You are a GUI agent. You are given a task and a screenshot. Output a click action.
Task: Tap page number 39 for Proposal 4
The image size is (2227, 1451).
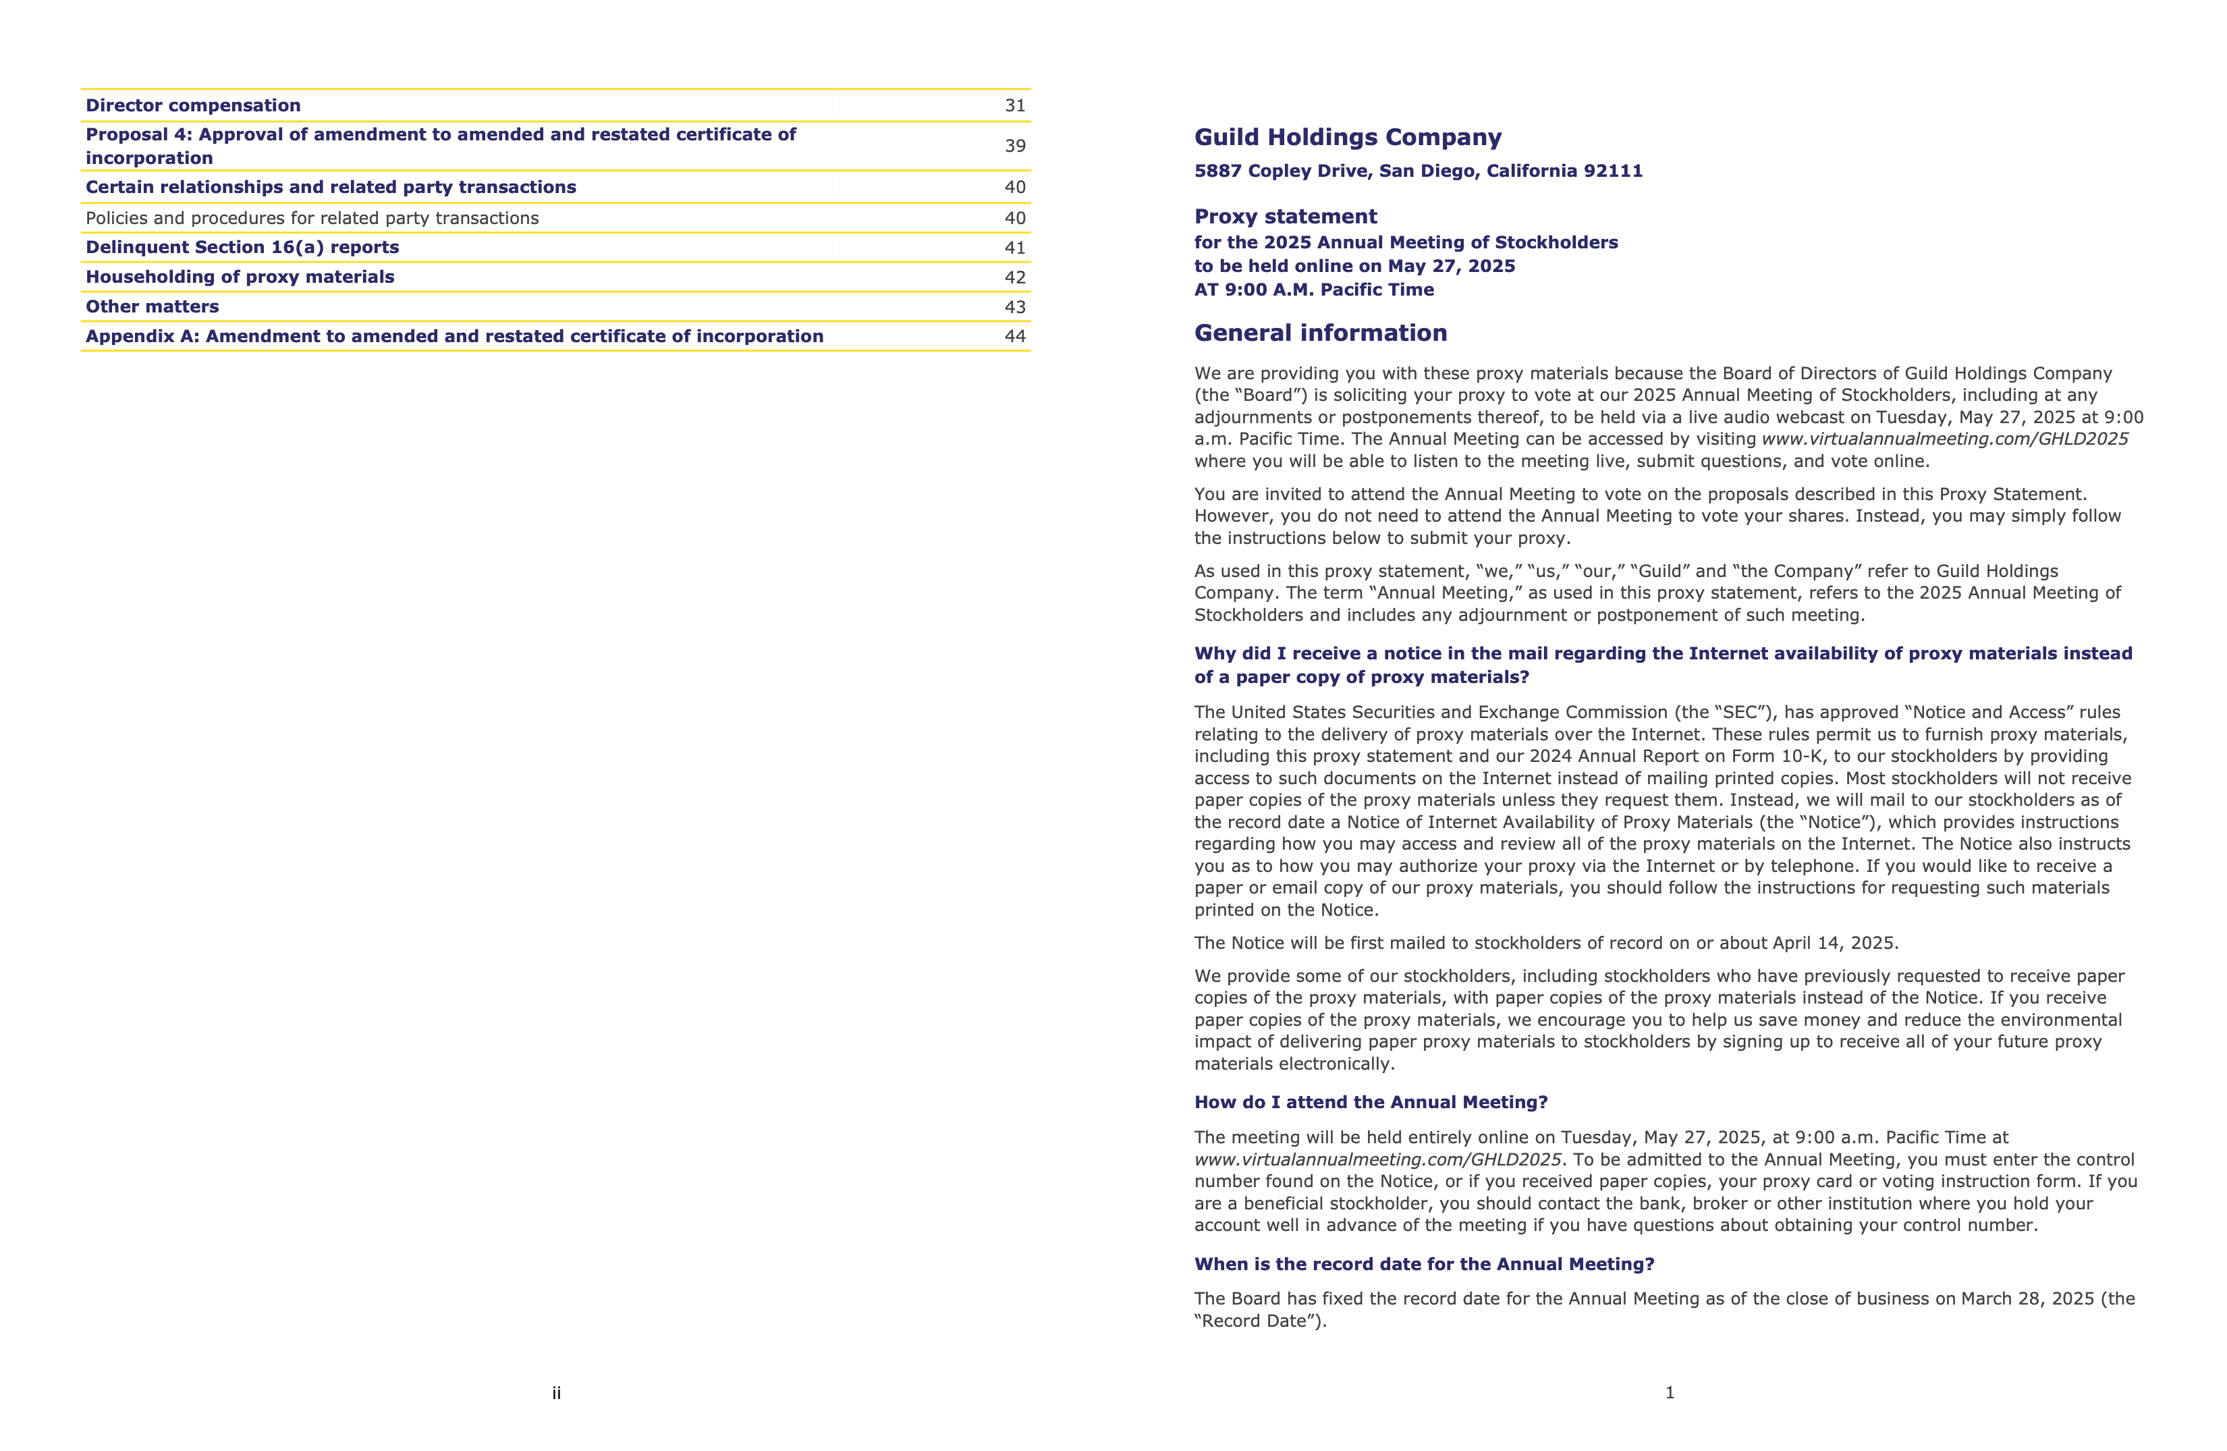pos(1014,146)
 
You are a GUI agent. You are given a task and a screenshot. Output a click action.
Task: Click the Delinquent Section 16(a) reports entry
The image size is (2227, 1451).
pos(242,247)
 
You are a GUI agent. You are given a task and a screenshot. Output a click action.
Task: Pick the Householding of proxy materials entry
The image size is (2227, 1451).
pos(240,277)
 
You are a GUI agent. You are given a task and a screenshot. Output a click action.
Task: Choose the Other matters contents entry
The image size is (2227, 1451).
pos(153,307)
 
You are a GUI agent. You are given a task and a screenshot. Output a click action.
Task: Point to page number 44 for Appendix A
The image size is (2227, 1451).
pos(1014,336)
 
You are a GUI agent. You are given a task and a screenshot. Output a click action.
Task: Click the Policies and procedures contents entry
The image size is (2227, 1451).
pos(312,218)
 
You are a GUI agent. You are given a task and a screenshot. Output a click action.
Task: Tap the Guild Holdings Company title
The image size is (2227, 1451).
pos(1348,138)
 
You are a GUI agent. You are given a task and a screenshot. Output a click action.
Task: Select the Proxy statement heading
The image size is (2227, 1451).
pos(1285,217)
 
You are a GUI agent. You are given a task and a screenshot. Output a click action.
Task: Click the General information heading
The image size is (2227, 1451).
pos(1320,333)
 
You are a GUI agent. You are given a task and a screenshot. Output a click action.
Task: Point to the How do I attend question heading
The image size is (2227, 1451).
pos(1371,1102)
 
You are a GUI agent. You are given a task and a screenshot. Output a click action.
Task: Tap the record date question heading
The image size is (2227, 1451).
pos(1423,1264)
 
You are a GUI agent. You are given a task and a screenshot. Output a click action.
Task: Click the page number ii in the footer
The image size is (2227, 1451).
pos(556,1393)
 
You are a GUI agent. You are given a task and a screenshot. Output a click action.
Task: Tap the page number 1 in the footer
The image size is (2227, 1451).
pos(1670,1392)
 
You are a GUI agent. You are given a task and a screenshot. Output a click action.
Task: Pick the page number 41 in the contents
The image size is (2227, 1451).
pos(1014,248)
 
